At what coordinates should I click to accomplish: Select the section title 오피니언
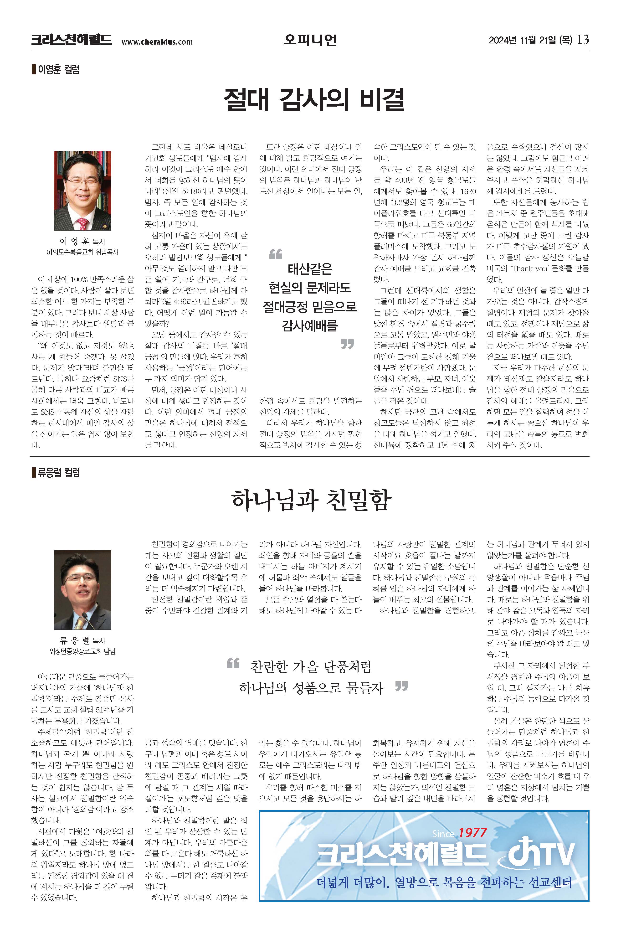point(310,40)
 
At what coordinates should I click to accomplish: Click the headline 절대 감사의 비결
point(314,99)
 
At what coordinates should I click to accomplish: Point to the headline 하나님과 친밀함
point(311,500)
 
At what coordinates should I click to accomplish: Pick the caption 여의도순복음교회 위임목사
point(82,252)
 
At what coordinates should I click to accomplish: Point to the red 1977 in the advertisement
point(472,833)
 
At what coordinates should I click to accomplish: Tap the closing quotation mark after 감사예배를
point(347,344)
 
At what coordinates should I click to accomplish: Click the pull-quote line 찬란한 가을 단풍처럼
point(311,667)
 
